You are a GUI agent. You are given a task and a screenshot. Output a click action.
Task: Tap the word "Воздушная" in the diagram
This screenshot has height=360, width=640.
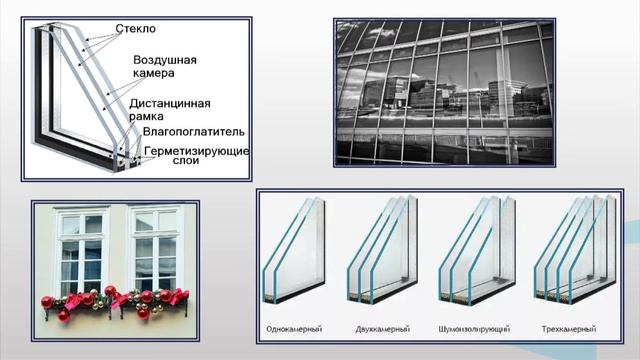coord(165,60)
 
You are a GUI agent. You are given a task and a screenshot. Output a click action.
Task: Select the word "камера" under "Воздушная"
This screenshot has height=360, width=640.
coord(155,74)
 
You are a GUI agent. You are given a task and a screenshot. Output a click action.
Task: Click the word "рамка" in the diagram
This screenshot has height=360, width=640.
coord(147,116)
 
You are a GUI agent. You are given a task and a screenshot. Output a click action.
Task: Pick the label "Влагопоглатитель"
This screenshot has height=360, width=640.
coord(193,131)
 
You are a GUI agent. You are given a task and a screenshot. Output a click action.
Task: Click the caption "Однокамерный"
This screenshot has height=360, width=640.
coord(293,329)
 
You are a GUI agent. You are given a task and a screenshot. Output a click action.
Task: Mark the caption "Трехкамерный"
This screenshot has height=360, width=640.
coord(571,329)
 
